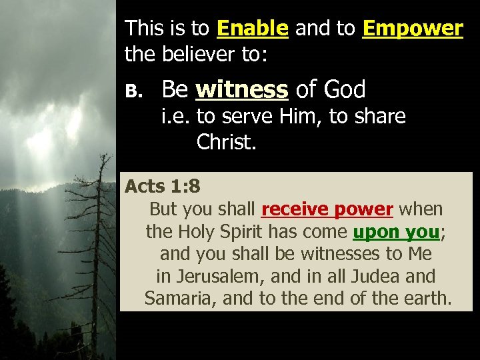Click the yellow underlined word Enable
tap(253, 29)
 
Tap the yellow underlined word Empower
tap(413, 29)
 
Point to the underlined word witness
tap(242, 89)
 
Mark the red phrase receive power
tap(327, 209)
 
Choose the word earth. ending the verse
tap(427, 298)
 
